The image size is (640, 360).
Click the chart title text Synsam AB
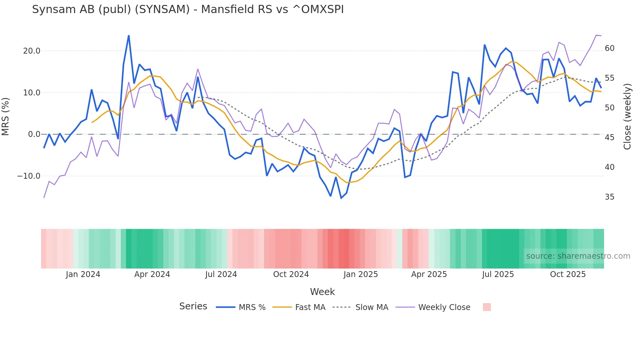click(188, 9)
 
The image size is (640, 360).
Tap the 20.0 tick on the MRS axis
click(32, 51)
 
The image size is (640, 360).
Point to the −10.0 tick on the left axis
click(29, 176)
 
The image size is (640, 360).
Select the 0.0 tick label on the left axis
click(34, 134)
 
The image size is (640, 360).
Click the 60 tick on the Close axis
click(609, 48)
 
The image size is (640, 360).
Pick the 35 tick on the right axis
click(609, 197)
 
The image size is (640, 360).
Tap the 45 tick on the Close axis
click(609, 138)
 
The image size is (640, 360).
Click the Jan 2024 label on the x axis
click(83, 274)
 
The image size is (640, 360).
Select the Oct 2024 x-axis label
click(291, 274)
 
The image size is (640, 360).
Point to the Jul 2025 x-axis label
click(498, 274)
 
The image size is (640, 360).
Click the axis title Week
click(322, 292)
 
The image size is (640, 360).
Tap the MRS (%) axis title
click(6, 116)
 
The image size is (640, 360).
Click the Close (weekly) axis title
click(627, 117)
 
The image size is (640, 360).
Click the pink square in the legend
click(487, 307)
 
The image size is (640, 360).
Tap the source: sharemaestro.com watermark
click(578, 256)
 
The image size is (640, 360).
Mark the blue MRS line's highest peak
click(129, 36)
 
